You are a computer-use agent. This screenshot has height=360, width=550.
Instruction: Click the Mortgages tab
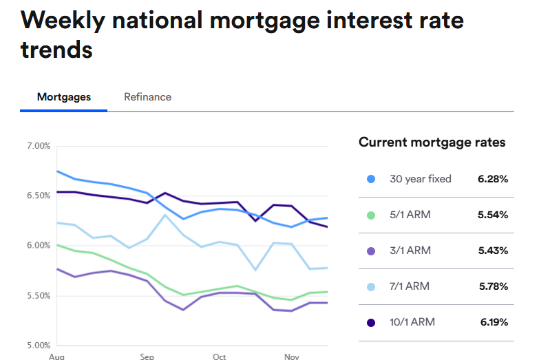[64, 97]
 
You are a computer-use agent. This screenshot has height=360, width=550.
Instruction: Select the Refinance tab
[147, 97]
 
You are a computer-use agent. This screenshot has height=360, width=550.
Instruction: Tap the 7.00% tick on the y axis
[39, 146]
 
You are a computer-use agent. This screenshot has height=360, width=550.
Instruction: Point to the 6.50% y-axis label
[39, 195]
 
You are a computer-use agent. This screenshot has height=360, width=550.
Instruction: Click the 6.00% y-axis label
[39, 246]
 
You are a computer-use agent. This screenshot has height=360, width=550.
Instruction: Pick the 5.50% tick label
[39, 295]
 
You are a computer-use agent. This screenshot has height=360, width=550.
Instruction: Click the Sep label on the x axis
[147, 357]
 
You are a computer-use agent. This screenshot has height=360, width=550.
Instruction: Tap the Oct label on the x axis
[219, 357]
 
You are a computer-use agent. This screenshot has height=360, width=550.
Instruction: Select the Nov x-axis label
[291, 357]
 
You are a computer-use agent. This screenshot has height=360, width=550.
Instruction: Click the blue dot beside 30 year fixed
[371, 179]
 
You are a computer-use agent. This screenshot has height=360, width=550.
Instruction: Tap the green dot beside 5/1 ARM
[371, 215]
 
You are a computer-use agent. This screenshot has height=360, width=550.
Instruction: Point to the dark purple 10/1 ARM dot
[371, 322]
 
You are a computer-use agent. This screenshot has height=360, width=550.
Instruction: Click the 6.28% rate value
[492, 179]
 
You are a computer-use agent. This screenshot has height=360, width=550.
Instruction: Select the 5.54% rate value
[492, 215]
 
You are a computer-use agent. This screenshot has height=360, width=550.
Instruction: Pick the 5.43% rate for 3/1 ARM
[492, 251]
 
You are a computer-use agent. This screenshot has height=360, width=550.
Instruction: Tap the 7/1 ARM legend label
[409, 286]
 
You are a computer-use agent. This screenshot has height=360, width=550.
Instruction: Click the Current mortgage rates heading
[432, 142]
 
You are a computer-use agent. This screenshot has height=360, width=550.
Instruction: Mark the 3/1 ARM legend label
[410, 251]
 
